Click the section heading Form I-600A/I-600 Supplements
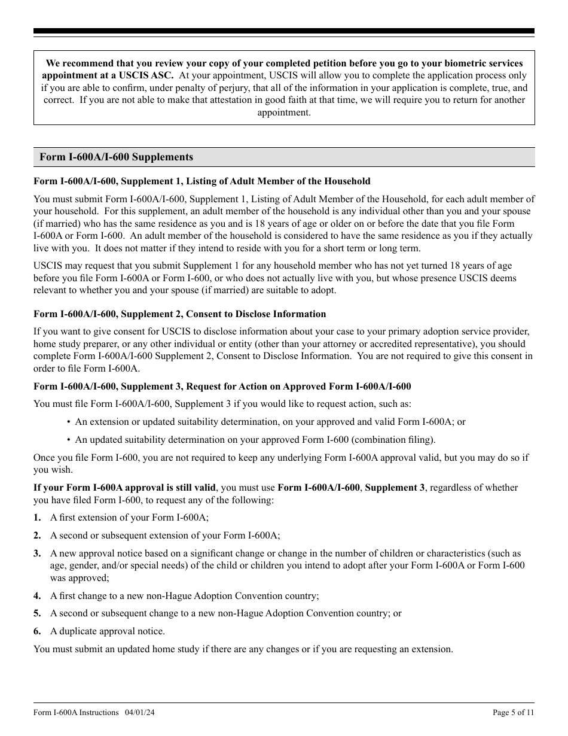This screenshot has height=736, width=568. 116,157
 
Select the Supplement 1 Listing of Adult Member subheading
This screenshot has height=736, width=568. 201,181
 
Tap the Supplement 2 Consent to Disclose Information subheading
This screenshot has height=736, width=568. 179,314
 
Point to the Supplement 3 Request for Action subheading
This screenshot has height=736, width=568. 222,387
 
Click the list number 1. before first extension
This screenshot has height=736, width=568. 37,518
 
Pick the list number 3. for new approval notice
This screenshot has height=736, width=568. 37,553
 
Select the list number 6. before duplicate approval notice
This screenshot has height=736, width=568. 37,631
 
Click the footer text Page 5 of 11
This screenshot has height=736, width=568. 513,712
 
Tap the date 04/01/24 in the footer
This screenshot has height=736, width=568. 141,712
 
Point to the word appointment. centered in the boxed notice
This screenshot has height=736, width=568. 284,112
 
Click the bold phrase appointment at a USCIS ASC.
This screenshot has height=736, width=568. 108,75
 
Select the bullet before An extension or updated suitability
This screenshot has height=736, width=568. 69,422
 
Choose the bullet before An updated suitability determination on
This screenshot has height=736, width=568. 69,440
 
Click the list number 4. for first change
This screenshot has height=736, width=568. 37,595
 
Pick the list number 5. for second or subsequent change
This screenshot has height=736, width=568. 37,613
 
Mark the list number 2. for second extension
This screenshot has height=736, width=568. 37,536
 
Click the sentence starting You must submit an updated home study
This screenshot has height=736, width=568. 243,649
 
